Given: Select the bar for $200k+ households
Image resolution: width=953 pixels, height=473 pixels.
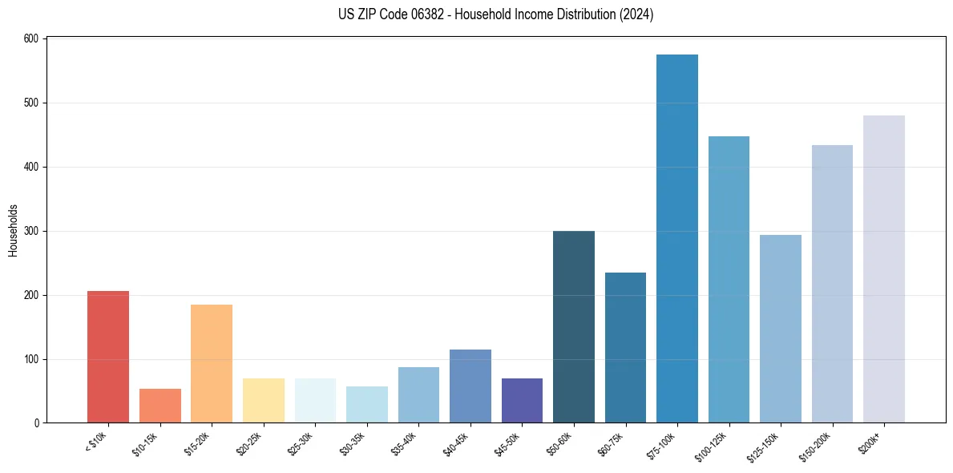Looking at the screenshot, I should (x=883, y=269).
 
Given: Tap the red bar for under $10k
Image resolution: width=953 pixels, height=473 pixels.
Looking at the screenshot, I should (x=108, y=357).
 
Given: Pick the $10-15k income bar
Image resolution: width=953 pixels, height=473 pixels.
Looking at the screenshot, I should (x=160, y=406).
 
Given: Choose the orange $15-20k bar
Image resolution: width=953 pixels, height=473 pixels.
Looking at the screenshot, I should (x=212, y=364).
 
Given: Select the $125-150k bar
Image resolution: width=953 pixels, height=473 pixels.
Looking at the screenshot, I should (x=780, y=329).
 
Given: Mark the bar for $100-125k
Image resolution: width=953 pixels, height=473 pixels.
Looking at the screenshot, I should (x=729, y=280).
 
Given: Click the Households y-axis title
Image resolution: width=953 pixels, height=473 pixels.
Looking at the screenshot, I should (x=13, y=230).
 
